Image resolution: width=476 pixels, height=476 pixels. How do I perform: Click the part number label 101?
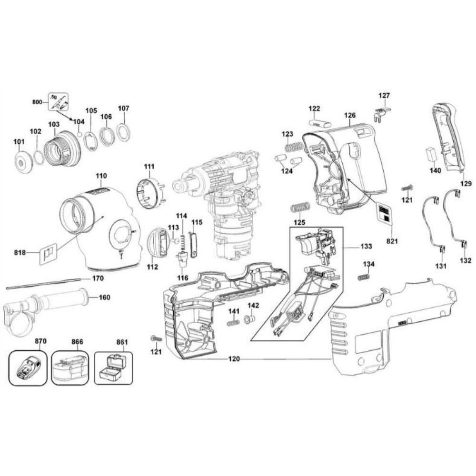tap(19, 141)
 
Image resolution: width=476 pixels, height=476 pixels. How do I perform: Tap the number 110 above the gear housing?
tap(101, 176)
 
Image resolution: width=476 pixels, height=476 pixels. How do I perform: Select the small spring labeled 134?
tap(364, 277)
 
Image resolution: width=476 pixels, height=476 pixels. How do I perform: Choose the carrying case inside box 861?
tap(113, 368)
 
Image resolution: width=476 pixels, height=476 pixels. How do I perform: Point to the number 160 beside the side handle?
tap(104, 297)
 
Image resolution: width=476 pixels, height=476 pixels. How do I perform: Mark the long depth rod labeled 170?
tap(43, 283)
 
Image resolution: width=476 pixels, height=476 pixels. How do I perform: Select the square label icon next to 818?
tap(49, 252)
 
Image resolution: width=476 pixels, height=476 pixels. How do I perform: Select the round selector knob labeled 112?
tap(159, 243)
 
